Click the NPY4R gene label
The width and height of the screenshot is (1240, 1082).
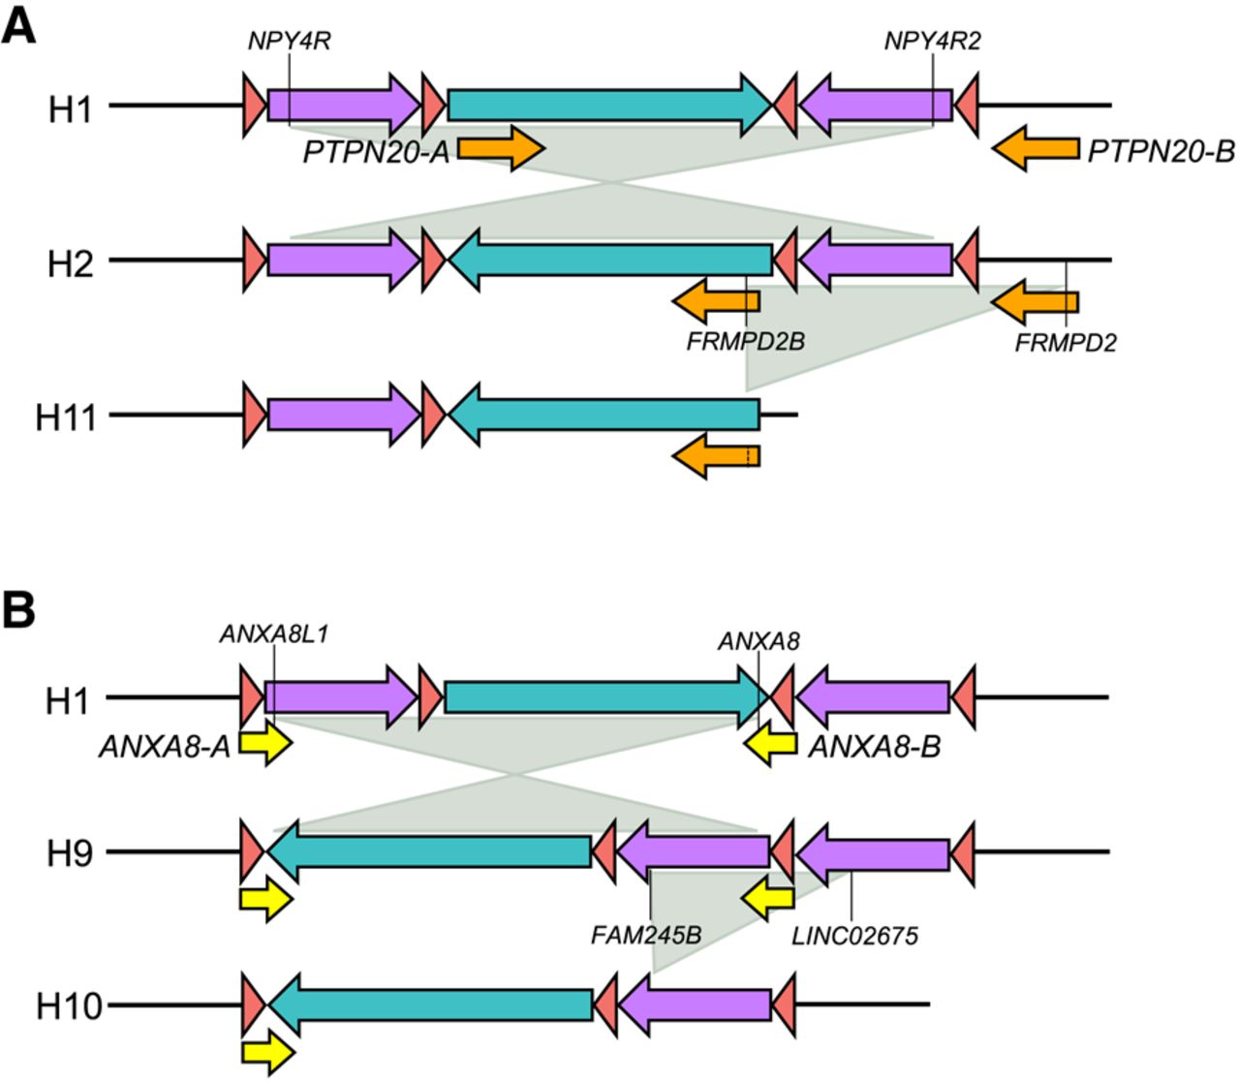coord(290,42)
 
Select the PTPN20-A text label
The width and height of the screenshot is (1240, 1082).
coord(376,152)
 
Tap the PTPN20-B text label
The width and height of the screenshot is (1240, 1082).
coord(1161,152)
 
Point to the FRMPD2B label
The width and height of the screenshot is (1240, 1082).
coord(746,341)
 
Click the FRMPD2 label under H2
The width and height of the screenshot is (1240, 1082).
coord(1066,342)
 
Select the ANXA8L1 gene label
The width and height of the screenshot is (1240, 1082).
coord(274,634)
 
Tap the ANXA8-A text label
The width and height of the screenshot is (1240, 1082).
coord(165,747)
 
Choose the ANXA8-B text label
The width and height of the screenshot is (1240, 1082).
coord(874,747)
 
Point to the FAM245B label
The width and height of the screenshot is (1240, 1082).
coord(646,936)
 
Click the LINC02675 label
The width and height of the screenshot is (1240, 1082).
coord(854,936)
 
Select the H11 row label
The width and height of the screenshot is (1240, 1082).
coord(66,418)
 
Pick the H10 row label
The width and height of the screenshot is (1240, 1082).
coord(69,1006)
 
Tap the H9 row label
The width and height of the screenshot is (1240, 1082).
coord(70,854)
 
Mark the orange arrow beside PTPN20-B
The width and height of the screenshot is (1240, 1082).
coord(1036,148)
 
